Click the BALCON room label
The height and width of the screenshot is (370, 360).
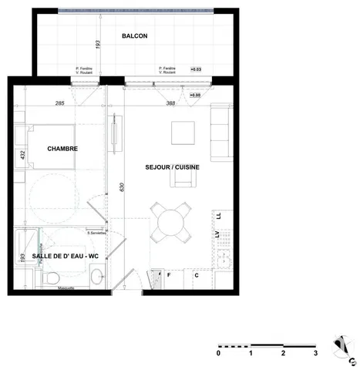click(134, 36)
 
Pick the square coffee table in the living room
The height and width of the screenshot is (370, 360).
click(183, 133)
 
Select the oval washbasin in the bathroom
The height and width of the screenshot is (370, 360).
click(97, 274)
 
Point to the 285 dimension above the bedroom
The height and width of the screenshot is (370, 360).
click(59, 102)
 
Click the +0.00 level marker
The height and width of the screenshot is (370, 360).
click(196, 95)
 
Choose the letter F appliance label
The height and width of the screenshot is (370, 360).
click(168, 274)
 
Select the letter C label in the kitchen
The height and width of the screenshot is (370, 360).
click(197, 274)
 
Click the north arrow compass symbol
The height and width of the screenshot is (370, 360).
click(341, 347)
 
